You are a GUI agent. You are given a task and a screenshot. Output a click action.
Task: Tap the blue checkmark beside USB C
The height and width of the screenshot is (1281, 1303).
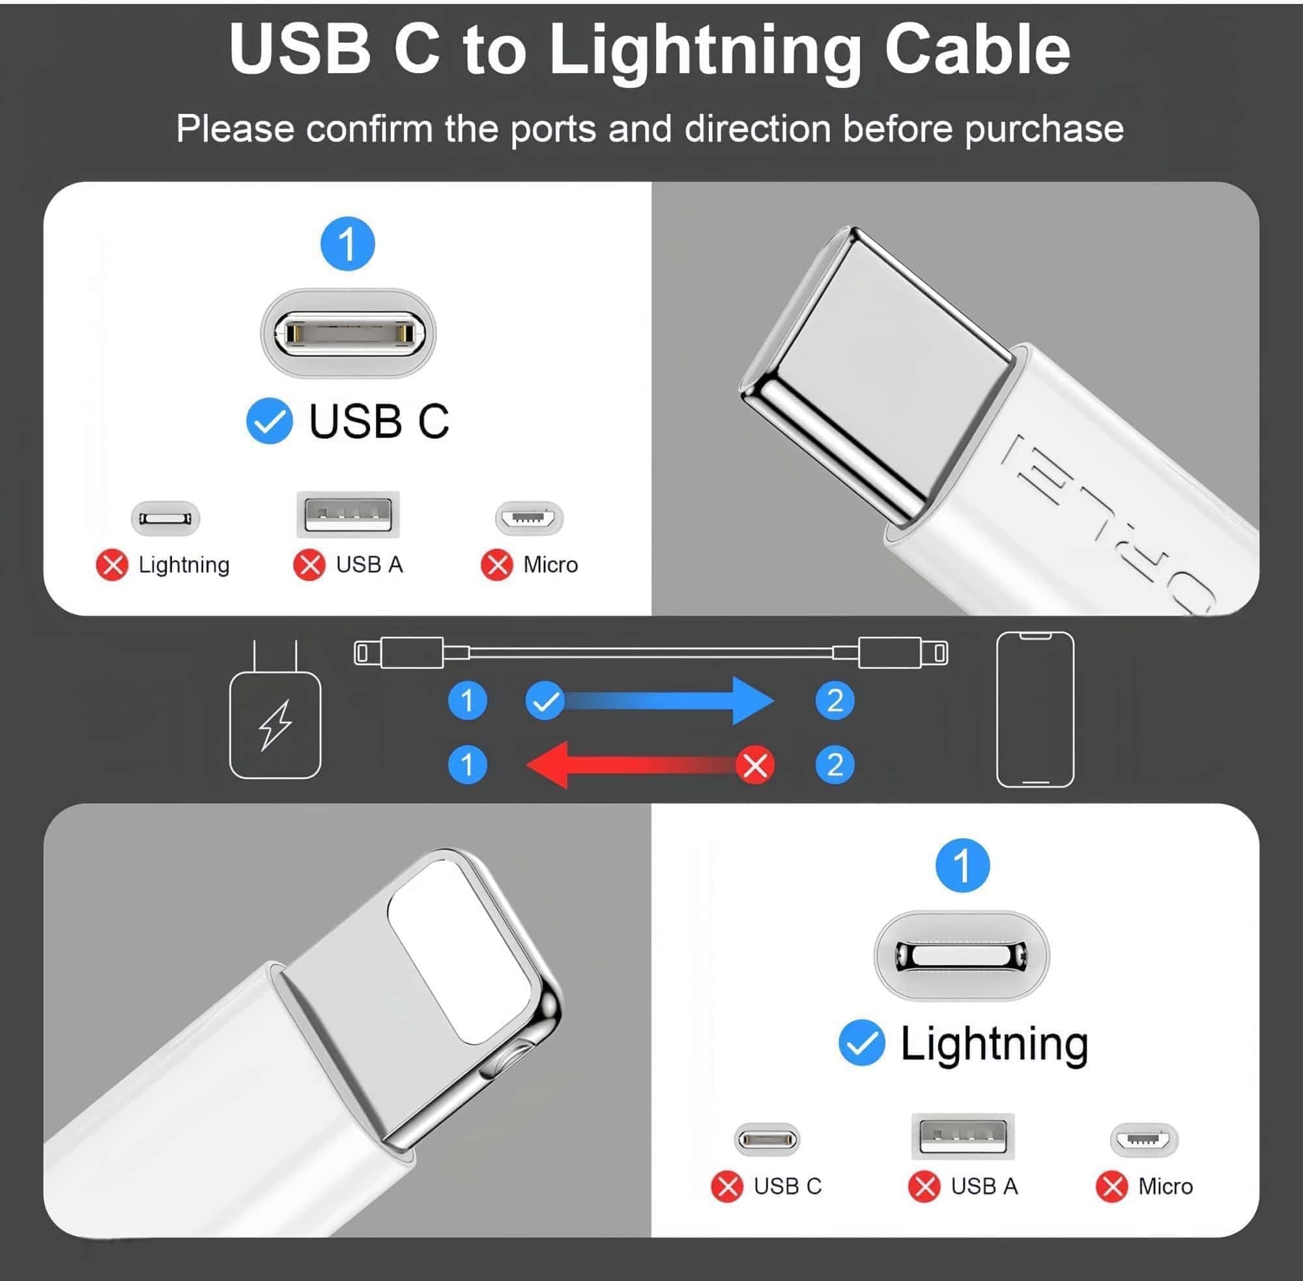coord(269,422)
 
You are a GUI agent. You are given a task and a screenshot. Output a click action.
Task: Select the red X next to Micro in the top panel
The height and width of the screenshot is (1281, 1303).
coord(496,565)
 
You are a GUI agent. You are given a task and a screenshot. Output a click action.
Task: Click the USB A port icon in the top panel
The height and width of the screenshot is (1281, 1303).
coord(348,514)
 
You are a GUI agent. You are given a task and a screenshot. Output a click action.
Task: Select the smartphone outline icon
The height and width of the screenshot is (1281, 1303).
coord(1035,709)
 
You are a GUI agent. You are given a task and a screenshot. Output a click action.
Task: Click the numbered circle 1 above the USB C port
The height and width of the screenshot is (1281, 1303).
coord(347,244)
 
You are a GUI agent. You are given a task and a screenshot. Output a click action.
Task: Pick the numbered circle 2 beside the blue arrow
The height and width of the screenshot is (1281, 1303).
coord(835,701)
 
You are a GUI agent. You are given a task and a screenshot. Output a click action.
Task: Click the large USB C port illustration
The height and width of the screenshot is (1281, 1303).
coord(348,332)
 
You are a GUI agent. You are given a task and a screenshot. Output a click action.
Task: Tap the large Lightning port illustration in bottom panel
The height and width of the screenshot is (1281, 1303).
coord(962,955)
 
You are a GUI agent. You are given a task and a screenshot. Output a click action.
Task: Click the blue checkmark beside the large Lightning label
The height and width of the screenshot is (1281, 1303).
coord(861,1043)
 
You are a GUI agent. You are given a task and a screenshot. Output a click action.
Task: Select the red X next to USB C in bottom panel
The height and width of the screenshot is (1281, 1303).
coord(727,1186)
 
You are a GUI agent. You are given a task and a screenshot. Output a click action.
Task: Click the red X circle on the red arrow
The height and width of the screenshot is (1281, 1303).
coord(754,765)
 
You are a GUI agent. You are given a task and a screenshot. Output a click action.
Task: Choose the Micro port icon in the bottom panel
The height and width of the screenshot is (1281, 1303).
coord(1143,1140)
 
